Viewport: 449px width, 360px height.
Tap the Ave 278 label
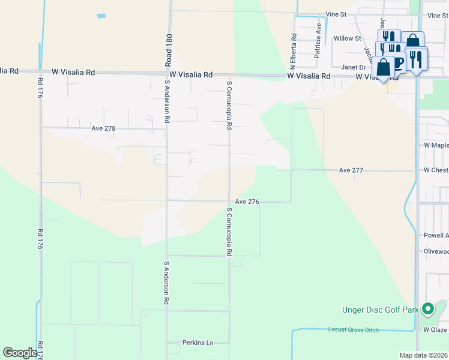pyautogui.click(x=103, y=128)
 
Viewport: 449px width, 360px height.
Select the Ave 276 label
pyautogui.click(x=247, y=202)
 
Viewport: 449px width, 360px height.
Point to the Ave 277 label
pyautogui.click(x=351, y=170)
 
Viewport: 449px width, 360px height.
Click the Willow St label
pyautogui.click(x=348, y=38)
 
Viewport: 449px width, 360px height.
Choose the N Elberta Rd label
pyautogui.click(x=294, y=43)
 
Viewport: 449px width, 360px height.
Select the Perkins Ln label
pyautogui.click(x=198, y=343)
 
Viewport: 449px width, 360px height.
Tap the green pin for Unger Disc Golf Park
pyautogui.click(x=427, y=309)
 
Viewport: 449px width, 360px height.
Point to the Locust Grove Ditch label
pyautogui.click(x=354, y=330)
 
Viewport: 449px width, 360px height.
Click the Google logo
pyautogui.click(x=20, y=353)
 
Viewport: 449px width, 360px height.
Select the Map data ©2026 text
pyautogui.click(x=424, y=355)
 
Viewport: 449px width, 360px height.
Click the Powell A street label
pyautogui.click(x=436, y=236)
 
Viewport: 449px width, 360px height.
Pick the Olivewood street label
pyautogui.click(x=436, y=252)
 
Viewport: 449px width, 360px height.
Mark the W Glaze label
pyautogui.click(x=435, y=330)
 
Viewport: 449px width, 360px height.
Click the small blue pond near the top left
pyautogui.click(x=101, y=16)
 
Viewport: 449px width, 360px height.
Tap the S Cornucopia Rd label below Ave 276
pyautogui.click(x=229, y=232)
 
